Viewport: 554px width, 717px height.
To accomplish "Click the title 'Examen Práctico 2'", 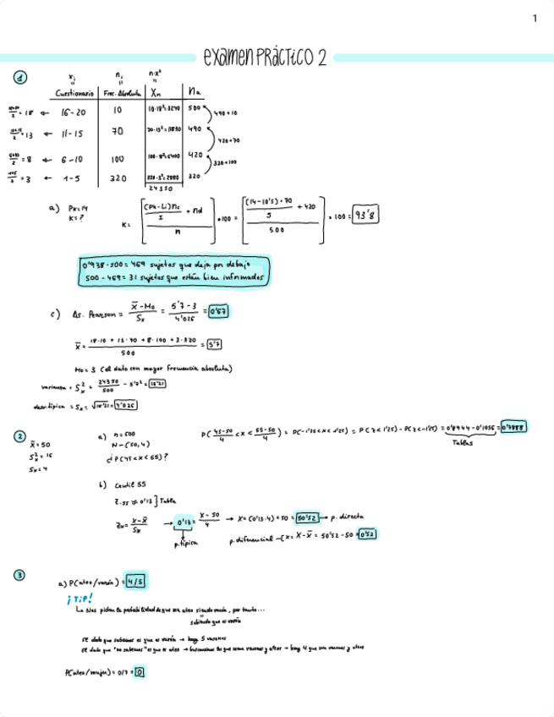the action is pos(266,57).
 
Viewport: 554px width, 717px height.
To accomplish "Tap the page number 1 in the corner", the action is pos(535,18).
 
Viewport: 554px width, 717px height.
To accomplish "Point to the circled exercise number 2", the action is pos(19,436).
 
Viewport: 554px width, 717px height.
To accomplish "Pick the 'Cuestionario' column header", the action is pos(75,92).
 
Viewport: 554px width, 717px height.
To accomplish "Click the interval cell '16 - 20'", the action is pos(74,111).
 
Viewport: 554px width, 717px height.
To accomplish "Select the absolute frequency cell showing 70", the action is pos(118,132).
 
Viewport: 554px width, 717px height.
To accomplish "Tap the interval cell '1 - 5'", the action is pos(74,178).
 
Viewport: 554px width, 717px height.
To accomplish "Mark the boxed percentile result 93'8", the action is pos(366,215).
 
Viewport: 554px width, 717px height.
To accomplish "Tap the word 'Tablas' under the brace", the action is pos(462,443).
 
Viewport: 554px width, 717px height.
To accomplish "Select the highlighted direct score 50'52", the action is pos(307,517).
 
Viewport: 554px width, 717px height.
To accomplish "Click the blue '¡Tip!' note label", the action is pos(80,598).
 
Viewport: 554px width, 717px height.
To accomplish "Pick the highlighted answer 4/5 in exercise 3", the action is pos(135,582).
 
